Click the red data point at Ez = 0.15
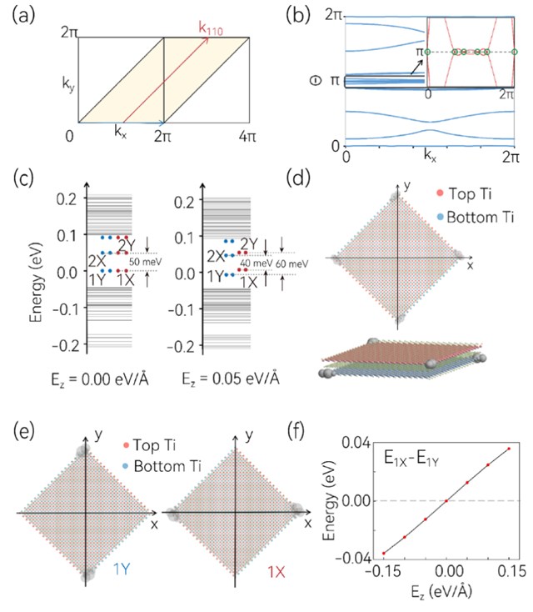(x=510, y=449)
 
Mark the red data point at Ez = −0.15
(x=384, y=553)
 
